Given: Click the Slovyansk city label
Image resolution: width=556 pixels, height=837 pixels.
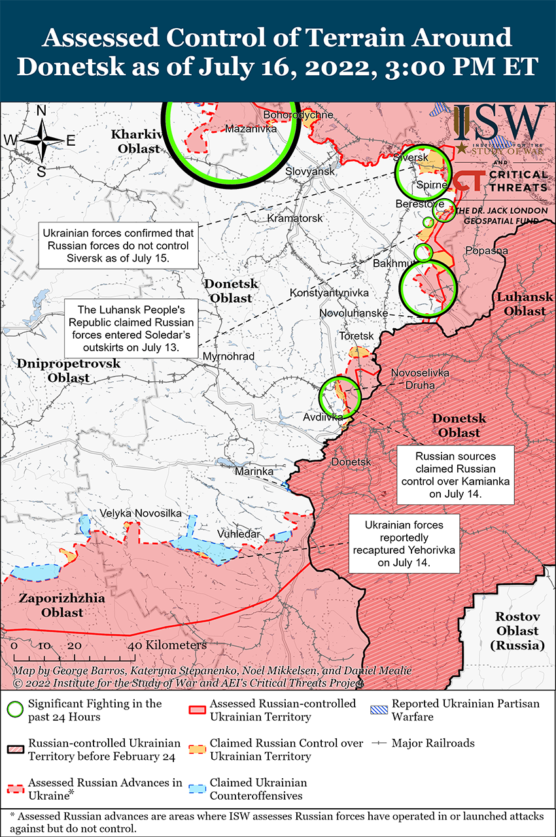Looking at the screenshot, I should [x=310, y=171].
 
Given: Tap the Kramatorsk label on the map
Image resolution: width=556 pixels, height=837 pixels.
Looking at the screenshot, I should [x=295, y=218].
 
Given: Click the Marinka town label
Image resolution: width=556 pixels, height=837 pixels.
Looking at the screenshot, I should [x=254, y=471].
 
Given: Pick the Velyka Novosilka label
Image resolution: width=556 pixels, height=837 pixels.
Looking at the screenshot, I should [x=141, y=513].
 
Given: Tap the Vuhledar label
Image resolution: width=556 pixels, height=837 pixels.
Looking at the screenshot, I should [x=239, y=534].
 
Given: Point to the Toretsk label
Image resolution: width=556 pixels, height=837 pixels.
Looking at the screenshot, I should [x=356, y=335].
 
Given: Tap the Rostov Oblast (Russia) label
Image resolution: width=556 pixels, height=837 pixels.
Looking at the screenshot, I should [x=517, y=630].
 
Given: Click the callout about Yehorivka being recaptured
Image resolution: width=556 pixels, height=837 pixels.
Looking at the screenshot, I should [x=404, y=544].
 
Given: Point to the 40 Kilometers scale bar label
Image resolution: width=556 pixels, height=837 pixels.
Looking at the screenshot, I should [x=169, y=645].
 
